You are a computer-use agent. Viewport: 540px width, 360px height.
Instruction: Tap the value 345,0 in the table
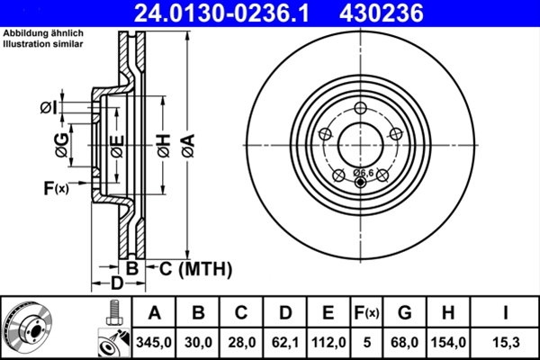[x=154, y=341]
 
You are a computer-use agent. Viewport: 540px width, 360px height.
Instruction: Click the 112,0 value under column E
[x=328, y=341]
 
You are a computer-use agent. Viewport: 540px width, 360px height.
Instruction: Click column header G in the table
[x=404, y=312]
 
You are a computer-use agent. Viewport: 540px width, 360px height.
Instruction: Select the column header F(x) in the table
[x=366, y=312]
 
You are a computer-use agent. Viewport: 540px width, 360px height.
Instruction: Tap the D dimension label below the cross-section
[x=116, y=285]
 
